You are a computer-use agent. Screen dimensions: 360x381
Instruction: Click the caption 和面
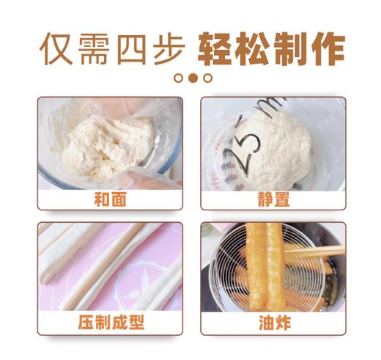point(110,198)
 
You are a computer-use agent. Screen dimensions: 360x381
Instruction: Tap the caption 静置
point(273,198)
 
